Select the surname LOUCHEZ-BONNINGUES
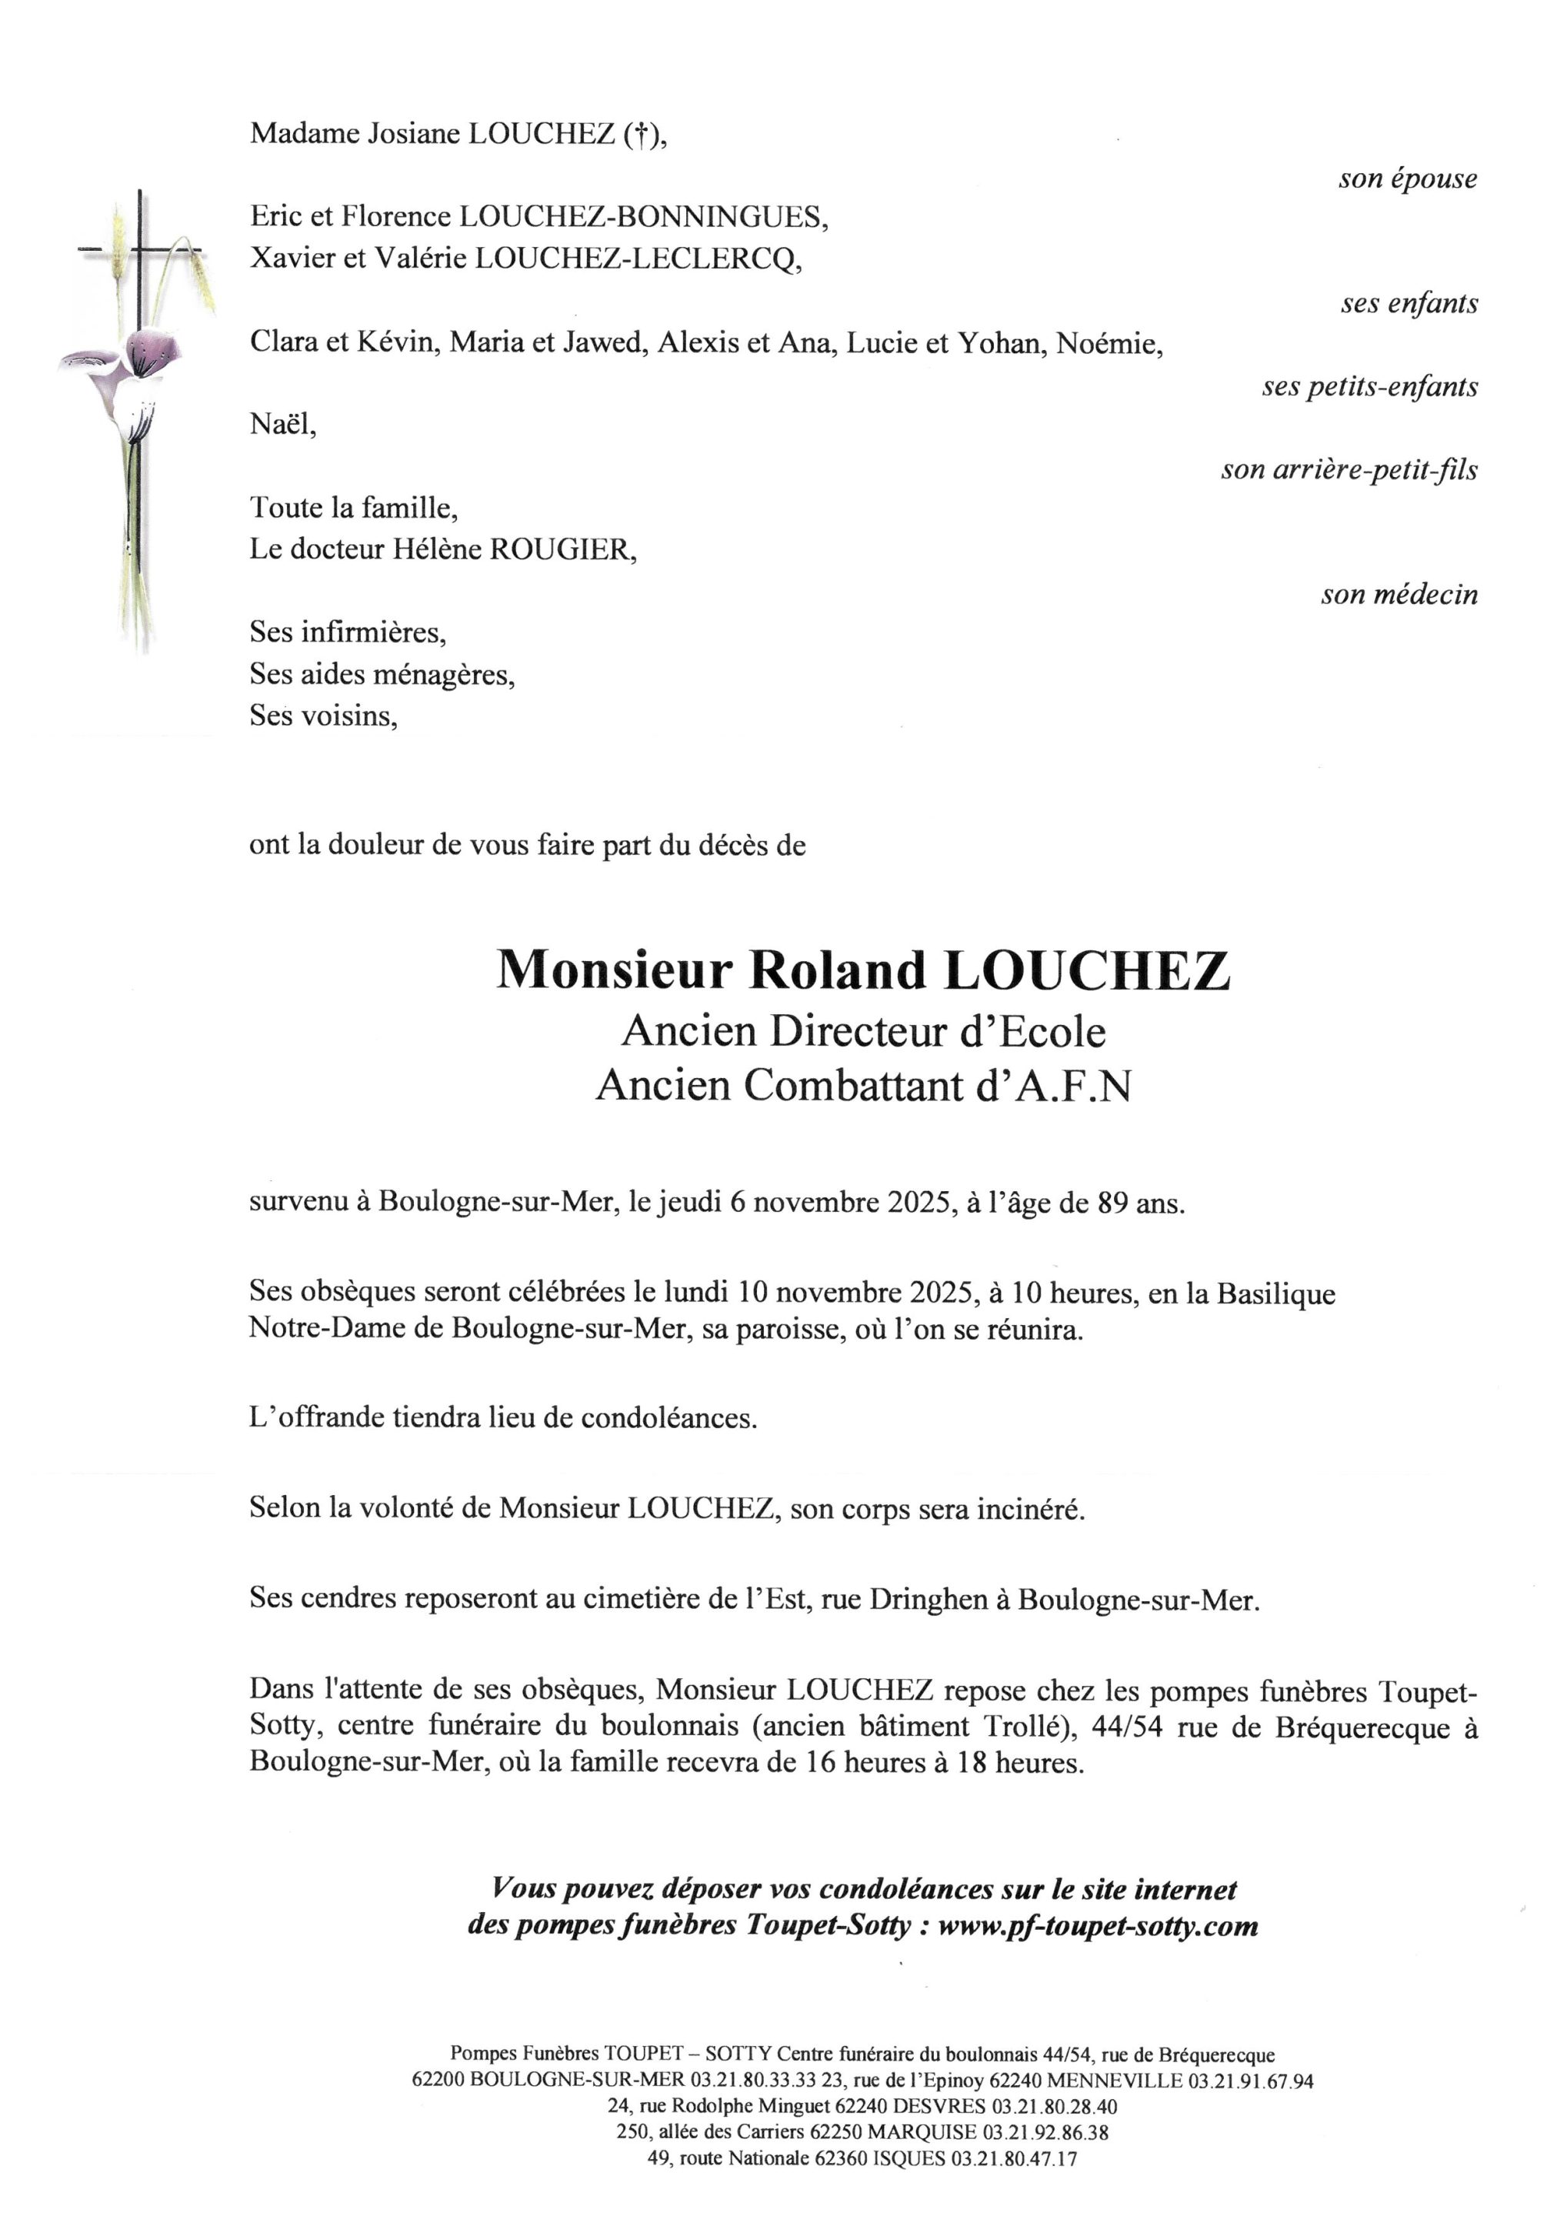coord(642,217)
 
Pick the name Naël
coord(281,424)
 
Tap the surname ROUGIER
coord(562,549)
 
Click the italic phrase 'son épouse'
coord(1407,179)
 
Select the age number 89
coord(1112,1203)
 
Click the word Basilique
coord(1275,1293)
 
